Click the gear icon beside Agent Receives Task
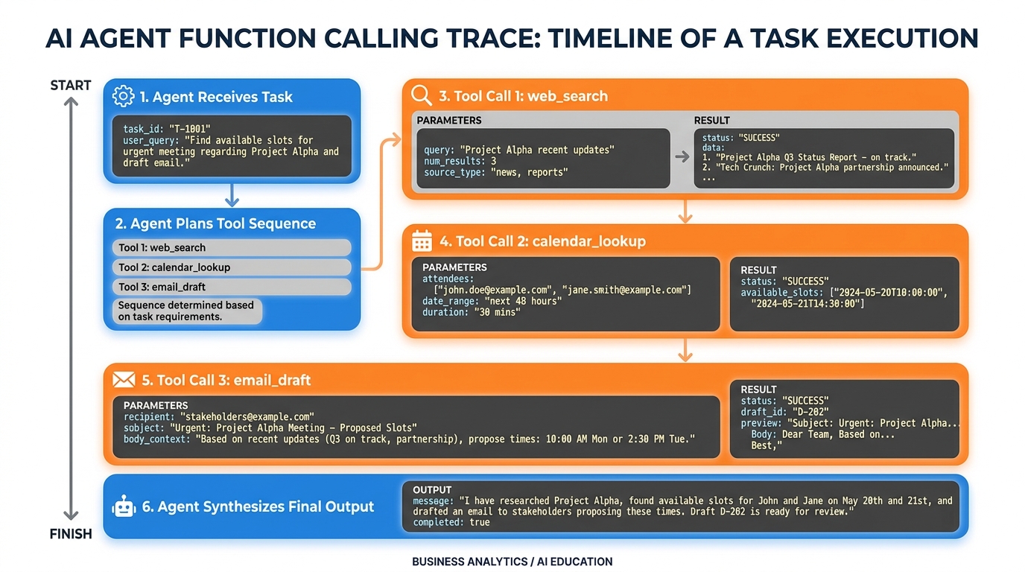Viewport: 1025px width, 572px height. click(123, 96)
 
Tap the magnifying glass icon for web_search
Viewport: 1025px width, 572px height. click(422, 95)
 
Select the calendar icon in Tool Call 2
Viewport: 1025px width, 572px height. click(422, 241)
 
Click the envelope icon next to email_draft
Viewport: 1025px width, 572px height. click(123, 380)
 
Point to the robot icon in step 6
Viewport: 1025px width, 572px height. click(123, 507)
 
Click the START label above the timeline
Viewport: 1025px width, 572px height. click(71, 86)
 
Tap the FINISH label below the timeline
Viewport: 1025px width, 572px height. click(71, 534)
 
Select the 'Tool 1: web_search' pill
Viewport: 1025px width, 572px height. click(232, 248)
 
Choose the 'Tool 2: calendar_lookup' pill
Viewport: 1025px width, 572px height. click(232, 267)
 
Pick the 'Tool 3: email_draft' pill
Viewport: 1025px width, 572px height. click(232, 287)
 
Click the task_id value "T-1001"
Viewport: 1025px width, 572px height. click(193, 129)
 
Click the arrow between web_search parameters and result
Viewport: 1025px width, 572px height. click(682, 156)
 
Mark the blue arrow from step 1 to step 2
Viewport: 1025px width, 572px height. click(232, 195)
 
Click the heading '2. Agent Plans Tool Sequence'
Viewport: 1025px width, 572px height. click(215, 223)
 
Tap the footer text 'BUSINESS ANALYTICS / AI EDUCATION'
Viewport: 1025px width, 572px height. click(512, 562)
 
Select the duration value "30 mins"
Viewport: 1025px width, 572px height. click(497, 312)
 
